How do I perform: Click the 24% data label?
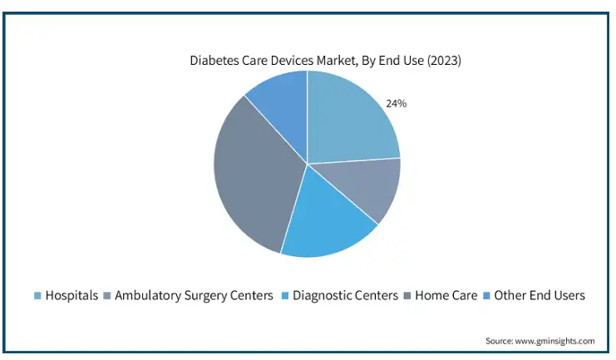click(396, 103)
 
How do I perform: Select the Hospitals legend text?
click(71, 295)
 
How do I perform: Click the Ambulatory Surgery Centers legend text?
click(194, 295)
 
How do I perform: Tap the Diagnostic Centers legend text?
click(345, 295)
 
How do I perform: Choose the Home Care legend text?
click(446, 295)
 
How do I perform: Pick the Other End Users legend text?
click(540, 295)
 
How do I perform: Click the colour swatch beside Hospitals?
click(37, 296)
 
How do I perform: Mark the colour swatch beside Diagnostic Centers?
click(285, 296)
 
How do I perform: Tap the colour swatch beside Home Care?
click(407, 296)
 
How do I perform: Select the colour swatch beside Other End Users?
click(487, 296)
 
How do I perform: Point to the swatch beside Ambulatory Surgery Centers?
click(107, 296)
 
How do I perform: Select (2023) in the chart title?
click(444, 61)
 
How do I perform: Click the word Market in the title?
click(337, 61)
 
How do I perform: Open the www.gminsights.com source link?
click(554, 341)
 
